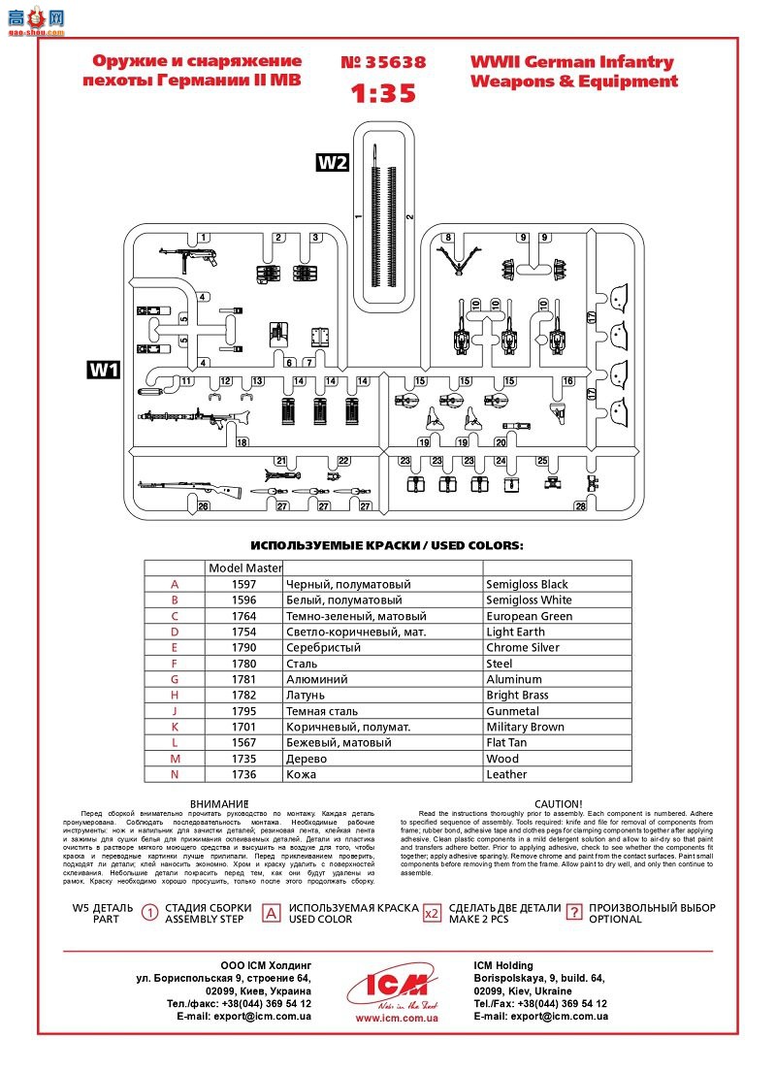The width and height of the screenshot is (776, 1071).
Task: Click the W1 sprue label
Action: click(103, 370)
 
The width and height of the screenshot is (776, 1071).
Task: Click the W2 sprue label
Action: click(332, 163)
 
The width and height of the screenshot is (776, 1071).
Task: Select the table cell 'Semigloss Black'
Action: click(527, 584)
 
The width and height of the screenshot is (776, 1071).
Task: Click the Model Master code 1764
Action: click(244, 616)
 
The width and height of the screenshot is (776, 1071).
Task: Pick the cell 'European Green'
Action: click(529, 616)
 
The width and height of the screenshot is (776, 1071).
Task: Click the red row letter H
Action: click(175, 695)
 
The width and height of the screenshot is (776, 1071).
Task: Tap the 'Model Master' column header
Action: click(244, 568)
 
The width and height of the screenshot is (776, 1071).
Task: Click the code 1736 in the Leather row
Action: click(244, 774)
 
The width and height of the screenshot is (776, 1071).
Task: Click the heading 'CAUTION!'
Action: click(558, 803)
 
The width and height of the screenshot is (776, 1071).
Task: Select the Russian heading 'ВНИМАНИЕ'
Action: click(219, 803)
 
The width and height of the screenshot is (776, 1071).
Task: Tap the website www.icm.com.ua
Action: click(396, 1018)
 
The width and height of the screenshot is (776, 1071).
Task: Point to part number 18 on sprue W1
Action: click(242, 442)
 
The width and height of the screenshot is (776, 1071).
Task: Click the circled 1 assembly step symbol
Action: click(150, 913)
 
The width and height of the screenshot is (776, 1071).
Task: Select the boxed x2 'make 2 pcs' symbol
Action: click(433, 913)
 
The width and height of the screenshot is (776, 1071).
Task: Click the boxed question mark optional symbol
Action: click(574, 913)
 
